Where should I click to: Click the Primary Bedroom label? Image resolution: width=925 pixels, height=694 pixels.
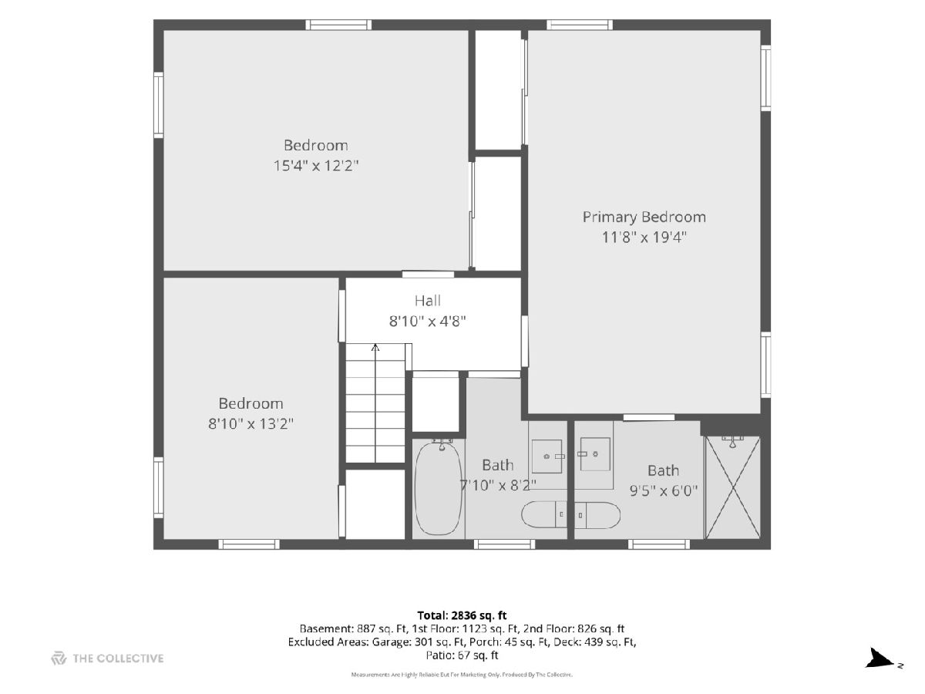(x=644, y=217)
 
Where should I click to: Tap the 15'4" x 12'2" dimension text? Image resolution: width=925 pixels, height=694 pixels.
(x=315, y=166)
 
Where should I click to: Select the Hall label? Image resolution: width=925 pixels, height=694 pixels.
(x=427, y=301)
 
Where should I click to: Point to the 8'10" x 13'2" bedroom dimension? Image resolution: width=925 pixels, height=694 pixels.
(x=251, y=423)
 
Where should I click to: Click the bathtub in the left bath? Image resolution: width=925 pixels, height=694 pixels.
(x=439, y=488)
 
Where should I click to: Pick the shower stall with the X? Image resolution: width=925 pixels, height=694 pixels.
(x=732, y=487)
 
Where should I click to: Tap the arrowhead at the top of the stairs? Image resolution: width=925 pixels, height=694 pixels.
(x=375, y=347)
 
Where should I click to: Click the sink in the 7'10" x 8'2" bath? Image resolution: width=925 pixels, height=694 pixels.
(x=547, y=456)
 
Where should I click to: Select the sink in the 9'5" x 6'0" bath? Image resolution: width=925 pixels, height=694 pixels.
(x=595, y=454)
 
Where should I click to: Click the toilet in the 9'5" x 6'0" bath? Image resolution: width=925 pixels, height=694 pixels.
(x=597, y=515)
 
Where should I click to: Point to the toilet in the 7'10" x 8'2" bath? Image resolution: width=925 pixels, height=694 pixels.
(x=544, y=514)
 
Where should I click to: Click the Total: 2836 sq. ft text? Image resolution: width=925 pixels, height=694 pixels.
(x=462, y=615)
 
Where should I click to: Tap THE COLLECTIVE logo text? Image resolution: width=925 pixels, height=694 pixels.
(x=118, y=659)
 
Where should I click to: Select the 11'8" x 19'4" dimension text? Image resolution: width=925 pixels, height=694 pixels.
(x=644, y=238)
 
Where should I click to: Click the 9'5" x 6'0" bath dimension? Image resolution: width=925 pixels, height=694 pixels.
(x=664, y=490)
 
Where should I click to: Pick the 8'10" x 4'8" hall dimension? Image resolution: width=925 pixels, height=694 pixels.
(x=427, y=322)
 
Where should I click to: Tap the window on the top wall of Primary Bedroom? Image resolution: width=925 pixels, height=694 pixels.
(x=580, y=25)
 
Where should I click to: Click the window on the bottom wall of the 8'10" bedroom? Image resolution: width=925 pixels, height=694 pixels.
(x=249, y=544)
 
